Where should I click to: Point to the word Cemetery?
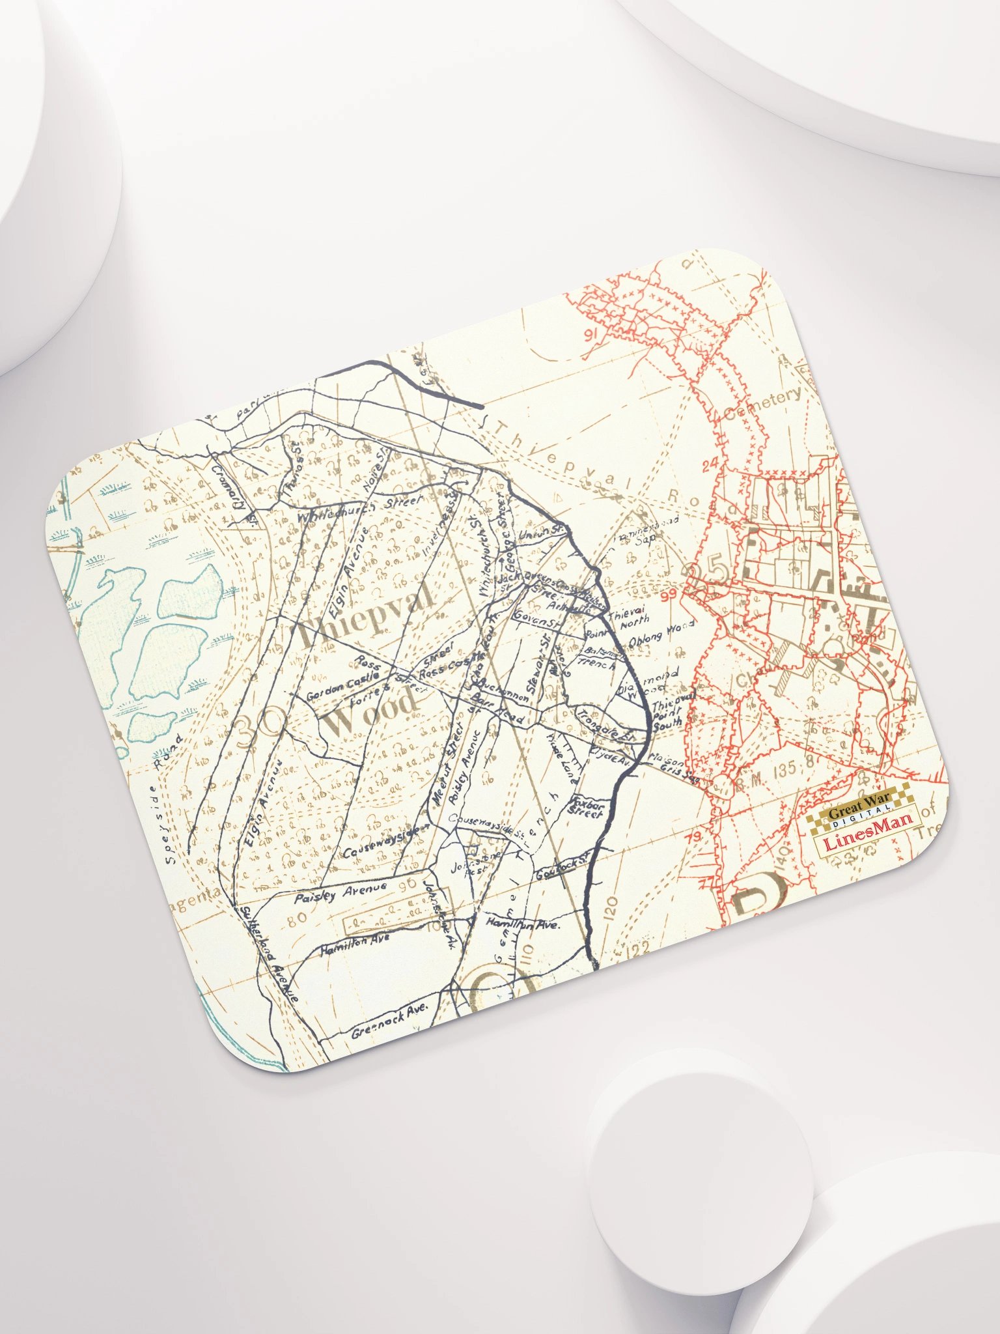point(762,404)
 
